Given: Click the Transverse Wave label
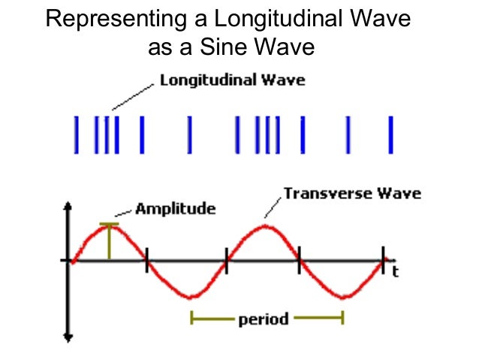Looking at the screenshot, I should point(352,194).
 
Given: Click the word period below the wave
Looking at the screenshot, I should point(263,319).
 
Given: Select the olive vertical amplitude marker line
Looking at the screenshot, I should point(110,242).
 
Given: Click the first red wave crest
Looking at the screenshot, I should point(110,225).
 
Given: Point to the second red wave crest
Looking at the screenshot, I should point(264,225).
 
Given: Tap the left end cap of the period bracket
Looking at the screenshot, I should point(191,319).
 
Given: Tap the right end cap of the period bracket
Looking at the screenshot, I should point(342,319).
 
